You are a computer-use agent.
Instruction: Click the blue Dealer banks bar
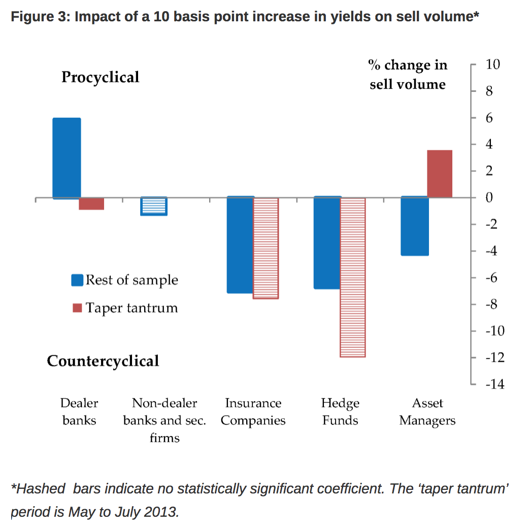pos(67,158)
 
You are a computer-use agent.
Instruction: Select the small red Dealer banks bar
pos(91,204)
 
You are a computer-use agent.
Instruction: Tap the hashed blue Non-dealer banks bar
pos(154,206)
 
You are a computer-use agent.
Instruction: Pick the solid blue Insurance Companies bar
pos(240,245)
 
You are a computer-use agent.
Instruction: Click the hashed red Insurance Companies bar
pos(266,248)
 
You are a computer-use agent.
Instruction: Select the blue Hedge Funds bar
pos(327,243)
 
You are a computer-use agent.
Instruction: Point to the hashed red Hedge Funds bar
pos(352,277)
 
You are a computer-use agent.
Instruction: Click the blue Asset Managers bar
pos(414,226)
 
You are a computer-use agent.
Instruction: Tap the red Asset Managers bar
pos(440,174)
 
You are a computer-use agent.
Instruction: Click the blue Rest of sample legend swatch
pos(77,280)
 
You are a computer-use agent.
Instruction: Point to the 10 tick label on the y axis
pos(493,65)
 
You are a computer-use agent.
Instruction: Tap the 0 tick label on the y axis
pos(489,197)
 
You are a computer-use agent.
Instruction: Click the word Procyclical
pos(100,77)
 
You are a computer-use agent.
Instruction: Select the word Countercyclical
pos(103,361)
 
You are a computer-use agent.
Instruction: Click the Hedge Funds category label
pos(340,412)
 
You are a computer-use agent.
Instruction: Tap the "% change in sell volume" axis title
pos(408,75)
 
